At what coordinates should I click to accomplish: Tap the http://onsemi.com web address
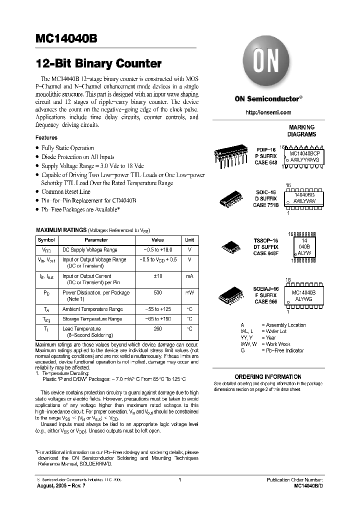267,112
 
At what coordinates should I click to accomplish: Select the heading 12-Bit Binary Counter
98,64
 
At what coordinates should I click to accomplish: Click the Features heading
46,137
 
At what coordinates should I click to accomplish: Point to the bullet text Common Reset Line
66,191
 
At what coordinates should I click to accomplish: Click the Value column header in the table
157,240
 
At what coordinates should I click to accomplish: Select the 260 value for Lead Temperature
157,328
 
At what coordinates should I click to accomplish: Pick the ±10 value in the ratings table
157,276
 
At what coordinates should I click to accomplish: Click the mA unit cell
189,276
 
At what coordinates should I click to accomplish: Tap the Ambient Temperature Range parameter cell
92,309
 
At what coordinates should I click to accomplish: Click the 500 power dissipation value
157,292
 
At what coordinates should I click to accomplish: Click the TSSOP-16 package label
266,241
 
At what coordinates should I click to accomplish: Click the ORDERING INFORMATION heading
268,376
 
